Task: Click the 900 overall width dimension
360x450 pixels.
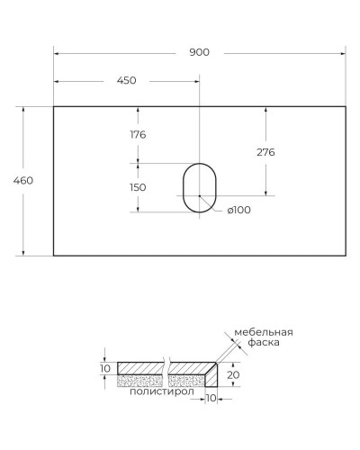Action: click(x=199, y=52)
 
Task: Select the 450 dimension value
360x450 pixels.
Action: click(x=126, y=81)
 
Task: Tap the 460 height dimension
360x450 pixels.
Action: click(x=24, y=181)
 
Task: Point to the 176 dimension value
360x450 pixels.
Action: click(x=138, y=135)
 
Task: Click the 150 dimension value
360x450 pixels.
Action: click(x=138, y=187)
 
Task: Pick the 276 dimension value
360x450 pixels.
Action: click(x=265, y=152)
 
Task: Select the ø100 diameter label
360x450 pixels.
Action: click(x=238, y=210)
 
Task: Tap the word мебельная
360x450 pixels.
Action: click(x=264, y=332)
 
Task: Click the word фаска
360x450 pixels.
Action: click(x=265, y=343)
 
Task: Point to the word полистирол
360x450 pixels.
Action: click(x=162, y=391)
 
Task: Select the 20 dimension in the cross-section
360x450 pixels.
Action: click(x=233, y=374)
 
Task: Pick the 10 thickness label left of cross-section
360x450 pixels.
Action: click(x=104, y=368)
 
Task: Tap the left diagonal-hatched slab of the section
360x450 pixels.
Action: click(x=139, y=367)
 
